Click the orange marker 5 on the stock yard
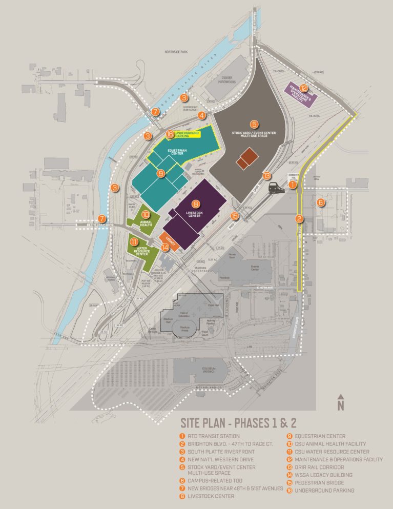point(254,124)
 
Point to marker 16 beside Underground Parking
point(170,134)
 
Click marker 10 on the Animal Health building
point(146,215)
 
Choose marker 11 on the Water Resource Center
point(134,241)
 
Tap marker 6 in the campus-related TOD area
point(321,202)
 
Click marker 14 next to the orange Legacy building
point(165,247)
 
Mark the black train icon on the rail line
point(276,188)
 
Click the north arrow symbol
point(340,403)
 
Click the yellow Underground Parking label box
point(187,134)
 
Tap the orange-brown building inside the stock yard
point(247,158)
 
